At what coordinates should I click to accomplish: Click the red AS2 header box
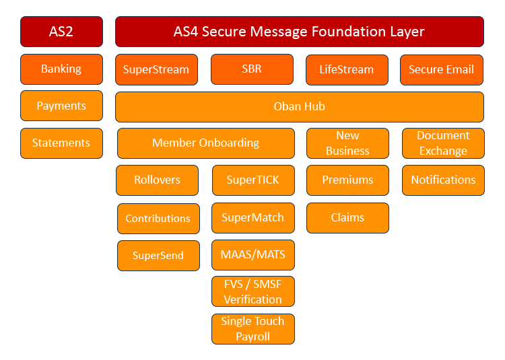tap(61, 32)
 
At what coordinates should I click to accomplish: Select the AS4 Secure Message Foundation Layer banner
tap(299, 32)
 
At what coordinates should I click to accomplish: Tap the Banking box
tap(61, 69)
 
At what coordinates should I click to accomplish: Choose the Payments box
tap(61, 106)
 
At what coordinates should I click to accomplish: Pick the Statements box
tap(61, 143)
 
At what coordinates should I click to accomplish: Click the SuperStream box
tap(156, 69)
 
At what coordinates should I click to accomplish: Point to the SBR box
tap(252, 69)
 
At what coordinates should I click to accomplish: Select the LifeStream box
tap(347, 69)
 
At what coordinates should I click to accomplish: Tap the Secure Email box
tap(442, 69)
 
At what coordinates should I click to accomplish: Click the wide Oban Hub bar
tap(299, 106)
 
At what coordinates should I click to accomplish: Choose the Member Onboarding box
tap(205, 143)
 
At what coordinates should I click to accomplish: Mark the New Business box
tap(347, 143)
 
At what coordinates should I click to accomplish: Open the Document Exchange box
tap(443, 143)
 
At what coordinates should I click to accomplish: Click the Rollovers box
tap(157, 180)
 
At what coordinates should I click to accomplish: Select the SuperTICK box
tap(252, 180)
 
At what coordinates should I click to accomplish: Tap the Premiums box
tap(347, 180)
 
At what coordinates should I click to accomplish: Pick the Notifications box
tap(443, 180)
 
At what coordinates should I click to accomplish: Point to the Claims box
tap(347, 218)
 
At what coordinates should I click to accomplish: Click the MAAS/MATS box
tap(252, 255)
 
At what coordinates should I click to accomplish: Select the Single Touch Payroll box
tap(252, 329)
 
